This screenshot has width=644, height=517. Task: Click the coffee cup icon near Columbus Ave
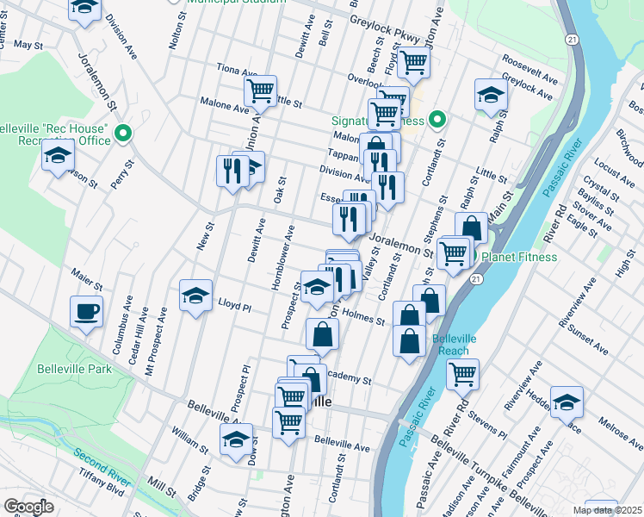(x=86, y=311)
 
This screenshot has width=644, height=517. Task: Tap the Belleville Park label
(x=75, y=369)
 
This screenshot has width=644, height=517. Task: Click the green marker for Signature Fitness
(x=437, y=120)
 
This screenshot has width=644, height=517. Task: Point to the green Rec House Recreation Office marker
(x=122, y=134)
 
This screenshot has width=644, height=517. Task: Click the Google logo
(x=28, y=507)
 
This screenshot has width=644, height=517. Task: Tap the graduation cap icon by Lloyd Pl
(x=195, y=295)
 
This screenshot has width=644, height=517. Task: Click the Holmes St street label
(x=363, y=317)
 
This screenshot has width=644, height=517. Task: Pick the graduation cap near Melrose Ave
(x=567, y=402)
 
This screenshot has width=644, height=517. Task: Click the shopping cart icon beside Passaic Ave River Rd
(x=462, y=374)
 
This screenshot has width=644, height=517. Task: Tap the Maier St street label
(x=87, y=281)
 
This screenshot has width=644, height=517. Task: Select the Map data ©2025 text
(x=607, y=510)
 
